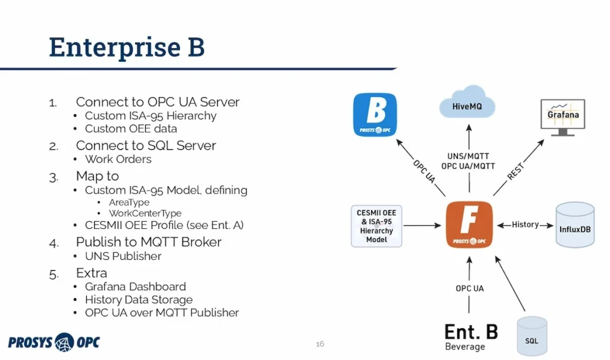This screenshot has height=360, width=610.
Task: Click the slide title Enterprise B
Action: tap(127, 48)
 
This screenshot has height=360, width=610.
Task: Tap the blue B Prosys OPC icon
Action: tap(375, 114)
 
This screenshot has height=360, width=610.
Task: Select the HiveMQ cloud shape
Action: tap(468, 105)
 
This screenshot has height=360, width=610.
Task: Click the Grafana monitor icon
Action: tap(563, 116)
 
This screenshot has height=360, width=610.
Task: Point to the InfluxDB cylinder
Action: tap(575, 225)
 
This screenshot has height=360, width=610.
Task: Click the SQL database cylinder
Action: tap(531, 337)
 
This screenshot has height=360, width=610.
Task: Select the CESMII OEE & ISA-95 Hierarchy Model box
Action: tap(376, 226)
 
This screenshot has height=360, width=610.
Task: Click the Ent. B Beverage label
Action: tap(471, 336)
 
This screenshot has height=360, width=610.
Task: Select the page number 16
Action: tap(320, 344)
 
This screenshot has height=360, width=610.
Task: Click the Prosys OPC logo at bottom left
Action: tap(54, 342)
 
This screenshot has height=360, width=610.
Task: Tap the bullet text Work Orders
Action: tap(118, 159)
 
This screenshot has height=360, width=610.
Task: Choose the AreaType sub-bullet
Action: tap(129, 202)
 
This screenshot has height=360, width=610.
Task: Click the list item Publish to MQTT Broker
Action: tap(148, 242)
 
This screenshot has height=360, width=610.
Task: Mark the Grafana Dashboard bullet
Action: tap(135, 286)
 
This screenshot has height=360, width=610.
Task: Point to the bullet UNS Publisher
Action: tap(123, 256)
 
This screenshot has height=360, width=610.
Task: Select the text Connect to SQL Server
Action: tap(145, 145)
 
